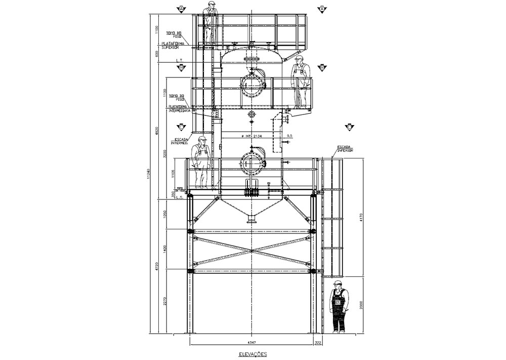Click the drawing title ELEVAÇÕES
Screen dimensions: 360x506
(x=252, y=354)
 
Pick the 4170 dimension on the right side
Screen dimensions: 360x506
(x=360, y=218)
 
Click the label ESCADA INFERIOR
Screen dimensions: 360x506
(x=346, y=149)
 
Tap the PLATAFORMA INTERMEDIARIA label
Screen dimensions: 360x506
(x=180, y=108)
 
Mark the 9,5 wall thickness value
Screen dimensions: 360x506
(x=289, y=136)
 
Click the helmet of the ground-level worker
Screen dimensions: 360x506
(x=338, y=283)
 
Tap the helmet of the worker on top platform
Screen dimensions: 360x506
(x=212, y=4)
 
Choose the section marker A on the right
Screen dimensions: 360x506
(x=322, y=9)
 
